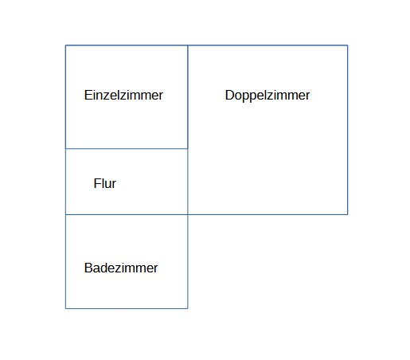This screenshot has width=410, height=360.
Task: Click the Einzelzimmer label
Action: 123,95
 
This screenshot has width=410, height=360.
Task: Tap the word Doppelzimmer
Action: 267,96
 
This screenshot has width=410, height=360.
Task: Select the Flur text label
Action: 105,183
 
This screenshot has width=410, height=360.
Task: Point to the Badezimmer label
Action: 121,268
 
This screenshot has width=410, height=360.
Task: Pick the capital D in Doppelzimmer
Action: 229,95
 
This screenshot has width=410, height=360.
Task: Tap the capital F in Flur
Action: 97,183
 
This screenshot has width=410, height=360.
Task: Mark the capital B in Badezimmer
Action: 88,268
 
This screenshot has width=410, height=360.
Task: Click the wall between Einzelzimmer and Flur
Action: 127,149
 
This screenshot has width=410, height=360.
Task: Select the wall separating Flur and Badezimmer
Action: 127,214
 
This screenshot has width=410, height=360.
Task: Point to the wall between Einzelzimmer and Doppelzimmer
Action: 188,97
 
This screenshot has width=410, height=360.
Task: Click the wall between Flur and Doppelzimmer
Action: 188,182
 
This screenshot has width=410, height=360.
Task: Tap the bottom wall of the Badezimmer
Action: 127,308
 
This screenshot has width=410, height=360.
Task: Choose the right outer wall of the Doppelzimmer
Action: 348,130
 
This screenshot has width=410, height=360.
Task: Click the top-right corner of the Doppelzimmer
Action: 348,45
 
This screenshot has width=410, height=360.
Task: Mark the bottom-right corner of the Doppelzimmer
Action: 348,214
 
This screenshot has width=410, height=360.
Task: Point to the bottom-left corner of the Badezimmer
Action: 65,308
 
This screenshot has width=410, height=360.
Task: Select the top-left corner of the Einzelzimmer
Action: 65,45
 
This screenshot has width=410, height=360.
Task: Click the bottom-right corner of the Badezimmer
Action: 188,308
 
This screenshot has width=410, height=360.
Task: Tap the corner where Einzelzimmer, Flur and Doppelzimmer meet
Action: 188,149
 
